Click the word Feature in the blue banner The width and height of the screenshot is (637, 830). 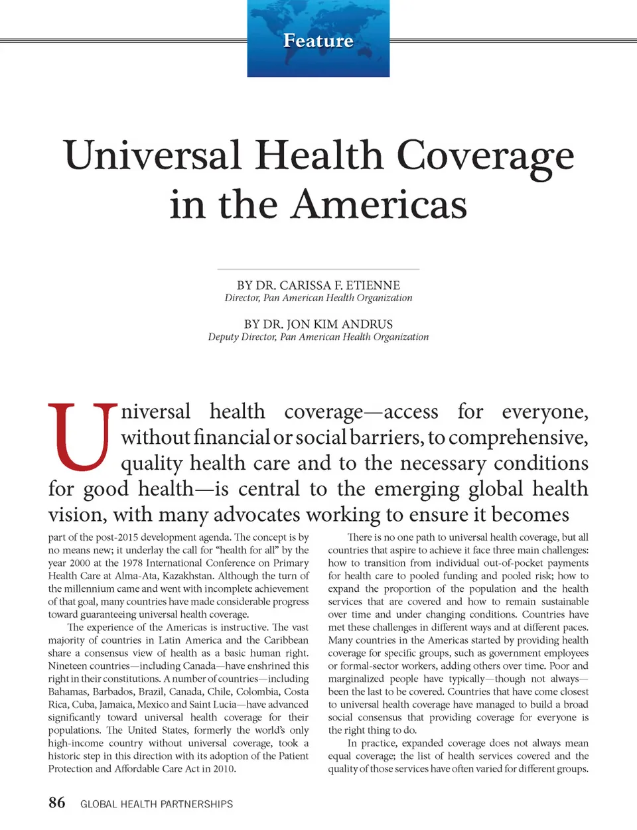click(x=318, y=41)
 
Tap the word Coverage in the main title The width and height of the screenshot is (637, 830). click(x=485, y=157)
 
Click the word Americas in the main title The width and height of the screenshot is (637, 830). click(x=379, y=204)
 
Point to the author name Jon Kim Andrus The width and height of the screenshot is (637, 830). click(x=340, y=324)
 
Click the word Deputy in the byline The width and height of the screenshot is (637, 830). click(x=224, y=337)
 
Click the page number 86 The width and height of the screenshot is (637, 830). click(x=57, y=803)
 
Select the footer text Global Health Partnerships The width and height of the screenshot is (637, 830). click(x=157, y=804)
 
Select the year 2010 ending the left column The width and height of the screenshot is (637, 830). click(x=224, y=769)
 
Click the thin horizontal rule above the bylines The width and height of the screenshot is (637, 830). click(x=318, y=269)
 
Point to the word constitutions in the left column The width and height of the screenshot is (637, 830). click(x=131, y=679)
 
